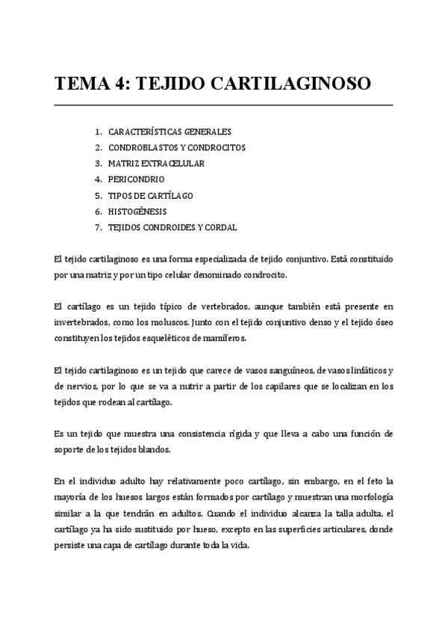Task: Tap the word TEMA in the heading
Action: point(82,83)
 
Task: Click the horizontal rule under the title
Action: point(224,105)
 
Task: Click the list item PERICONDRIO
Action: point(136,179)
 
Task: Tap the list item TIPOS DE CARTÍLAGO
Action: point(151,195)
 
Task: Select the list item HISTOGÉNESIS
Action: point(137,212)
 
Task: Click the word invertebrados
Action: point(85,322)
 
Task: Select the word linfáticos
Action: point(364,370)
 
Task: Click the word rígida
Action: point(237,434)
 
